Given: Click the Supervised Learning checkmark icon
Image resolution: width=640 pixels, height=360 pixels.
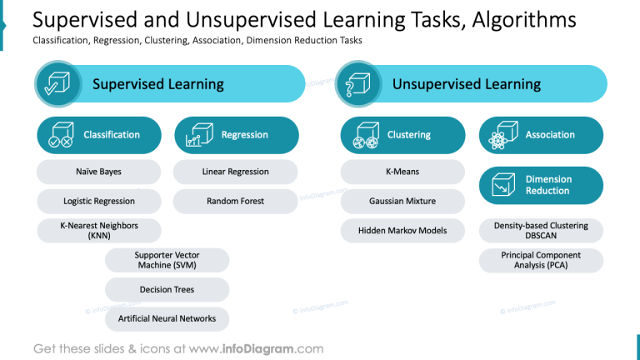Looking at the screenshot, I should pos(57,84).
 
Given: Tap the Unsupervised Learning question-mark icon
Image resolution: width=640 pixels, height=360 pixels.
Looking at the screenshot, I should pos(357,84).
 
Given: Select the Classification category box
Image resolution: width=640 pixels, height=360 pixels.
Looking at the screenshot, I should pos(99,135).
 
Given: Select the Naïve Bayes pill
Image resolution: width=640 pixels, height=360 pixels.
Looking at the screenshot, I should pos(99,172).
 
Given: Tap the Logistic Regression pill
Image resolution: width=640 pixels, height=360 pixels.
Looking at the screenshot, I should pos(99,201).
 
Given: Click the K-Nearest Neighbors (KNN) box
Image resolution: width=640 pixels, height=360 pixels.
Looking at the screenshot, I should pos(99,231).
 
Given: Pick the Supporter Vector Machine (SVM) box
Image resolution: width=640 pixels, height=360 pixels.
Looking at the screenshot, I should pos(167,260).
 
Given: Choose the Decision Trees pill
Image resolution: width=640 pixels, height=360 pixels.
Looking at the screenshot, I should pos(167,290).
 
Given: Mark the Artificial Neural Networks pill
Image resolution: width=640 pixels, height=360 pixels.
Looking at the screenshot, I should pos(167,318).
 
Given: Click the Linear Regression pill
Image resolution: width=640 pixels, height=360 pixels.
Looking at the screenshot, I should pos(236,172).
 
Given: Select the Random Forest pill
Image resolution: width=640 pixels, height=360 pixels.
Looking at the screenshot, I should pos(236,201).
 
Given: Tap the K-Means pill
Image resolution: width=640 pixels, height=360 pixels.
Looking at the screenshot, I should pos(402,172).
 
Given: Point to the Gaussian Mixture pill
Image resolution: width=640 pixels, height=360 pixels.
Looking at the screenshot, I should pos(402,201).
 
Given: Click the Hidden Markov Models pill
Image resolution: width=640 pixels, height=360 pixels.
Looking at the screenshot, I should pos(402,231).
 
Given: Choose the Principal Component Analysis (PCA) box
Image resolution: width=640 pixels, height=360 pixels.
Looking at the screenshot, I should pos(541,260).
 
